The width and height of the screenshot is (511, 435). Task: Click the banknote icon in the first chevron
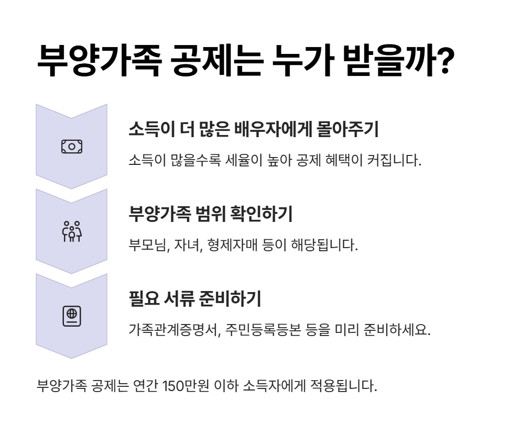click(71, 147)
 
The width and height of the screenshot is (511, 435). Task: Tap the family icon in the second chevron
click(71, 231)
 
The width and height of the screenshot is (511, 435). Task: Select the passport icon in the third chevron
click(71, 316)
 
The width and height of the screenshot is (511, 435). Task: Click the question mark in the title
click(444, 61)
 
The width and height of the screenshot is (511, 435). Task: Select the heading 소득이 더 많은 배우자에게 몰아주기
click(253, 129)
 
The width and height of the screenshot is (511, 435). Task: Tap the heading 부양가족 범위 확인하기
click(210, 214)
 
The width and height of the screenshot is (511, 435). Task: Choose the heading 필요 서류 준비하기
click(194, 299)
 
